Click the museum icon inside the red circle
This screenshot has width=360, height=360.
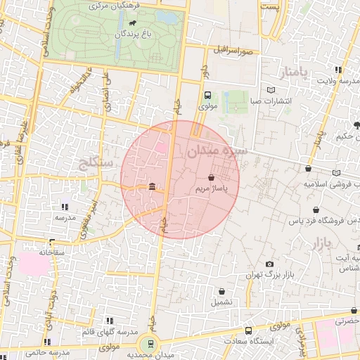tap(153, 186)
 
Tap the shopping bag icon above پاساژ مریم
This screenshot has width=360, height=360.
tap(212, 179)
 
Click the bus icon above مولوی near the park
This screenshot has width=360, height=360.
tap(207, 96)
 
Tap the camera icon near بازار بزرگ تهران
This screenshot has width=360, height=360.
tap(269, 264)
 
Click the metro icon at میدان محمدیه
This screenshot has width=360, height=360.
tap(149, 345)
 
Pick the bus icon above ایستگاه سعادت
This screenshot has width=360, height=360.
tap(248, 330)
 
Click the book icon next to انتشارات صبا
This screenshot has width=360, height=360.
tap(272, 90)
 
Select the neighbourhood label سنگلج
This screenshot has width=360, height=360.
tap(99, 164)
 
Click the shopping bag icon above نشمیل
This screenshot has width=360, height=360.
tap(222, 291)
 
